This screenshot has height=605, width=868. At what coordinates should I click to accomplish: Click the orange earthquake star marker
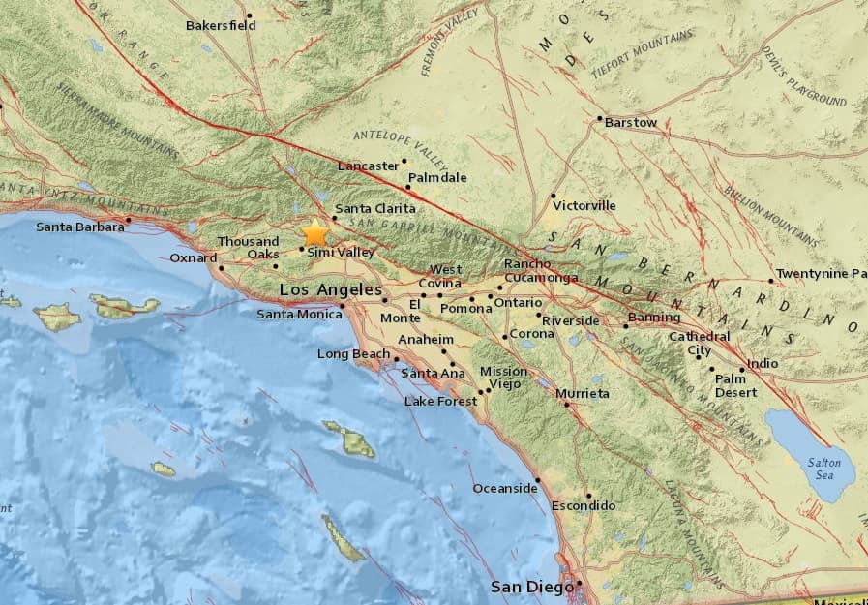click(315, 233)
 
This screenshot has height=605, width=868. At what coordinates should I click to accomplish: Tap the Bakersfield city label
click(221, 25)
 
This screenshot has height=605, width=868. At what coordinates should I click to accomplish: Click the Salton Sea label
click(824, 469)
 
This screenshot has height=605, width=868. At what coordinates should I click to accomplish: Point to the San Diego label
click(525, 587)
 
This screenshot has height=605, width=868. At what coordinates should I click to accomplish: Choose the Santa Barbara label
click(80, 227)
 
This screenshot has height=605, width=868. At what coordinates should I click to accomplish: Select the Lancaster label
click(368, 166)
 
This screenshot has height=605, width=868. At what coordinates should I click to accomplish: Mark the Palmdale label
click(437, 178)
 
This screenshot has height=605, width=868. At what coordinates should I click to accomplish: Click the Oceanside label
click(504, 488)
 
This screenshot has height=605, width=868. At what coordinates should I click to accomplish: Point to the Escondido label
click(584, 505)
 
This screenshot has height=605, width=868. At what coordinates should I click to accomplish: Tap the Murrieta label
click(583, 393)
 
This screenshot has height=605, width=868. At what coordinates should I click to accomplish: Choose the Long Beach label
click(353, 354)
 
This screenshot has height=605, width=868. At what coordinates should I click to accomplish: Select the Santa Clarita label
click(374, 208)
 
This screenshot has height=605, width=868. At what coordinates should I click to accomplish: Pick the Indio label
click(763, 364)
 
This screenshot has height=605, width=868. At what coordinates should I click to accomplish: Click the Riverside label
click(570, 320)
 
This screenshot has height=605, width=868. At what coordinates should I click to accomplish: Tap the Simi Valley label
click(341, 252)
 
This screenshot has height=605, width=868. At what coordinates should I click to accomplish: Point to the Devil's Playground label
click(804, 76)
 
